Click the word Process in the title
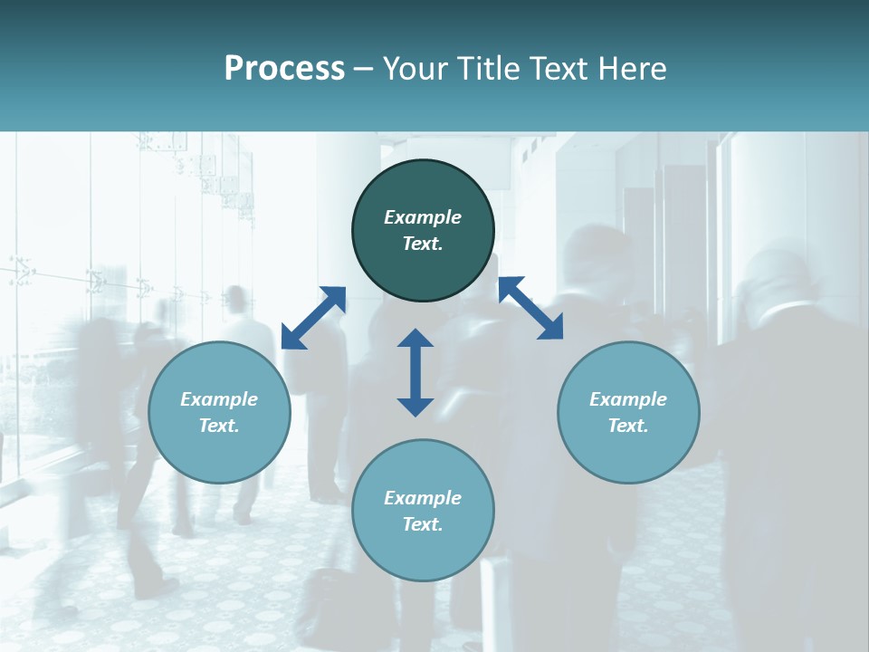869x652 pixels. pyautogui.click(x=284, y=69)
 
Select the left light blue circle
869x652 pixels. pyautogui.click(x=219, y=453)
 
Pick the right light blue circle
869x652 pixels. pyautogui.click(x=628, y=453)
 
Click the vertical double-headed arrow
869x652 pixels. pyautogui.click(x=415, y=372)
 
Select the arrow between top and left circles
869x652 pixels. pyautogui.click(x=313, y=318)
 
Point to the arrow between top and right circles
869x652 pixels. pyautogui.click(x=530, y=308)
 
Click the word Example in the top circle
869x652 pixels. pyautogui.click(x=423, y=217)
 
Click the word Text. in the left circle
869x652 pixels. pyautogui.click(x=219, y=426)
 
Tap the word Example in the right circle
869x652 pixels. pyautogui.click(x=628, y=399)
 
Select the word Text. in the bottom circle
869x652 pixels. pyautogui.click(x=423, y=524)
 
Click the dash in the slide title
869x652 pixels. pyautogui.click(x=364, y=70)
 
